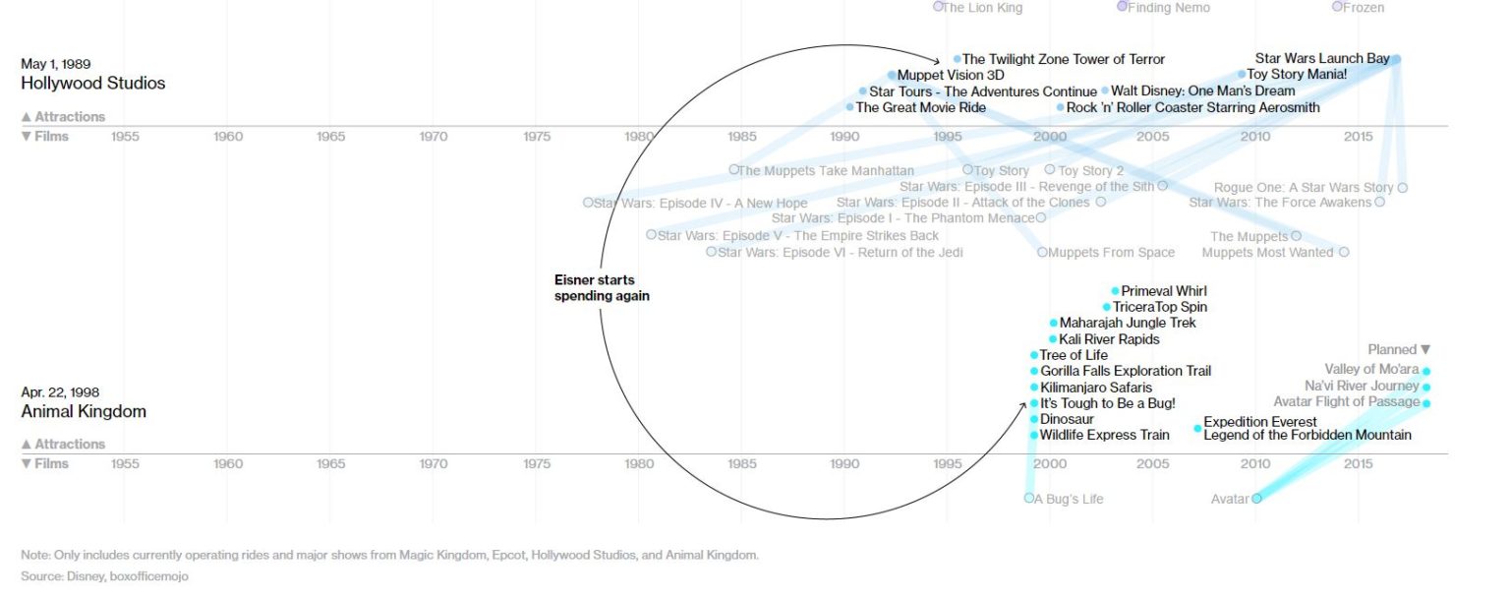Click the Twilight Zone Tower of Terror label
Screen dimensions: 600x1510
1063,59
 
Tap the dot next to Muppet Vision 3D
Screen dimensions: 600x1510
892,75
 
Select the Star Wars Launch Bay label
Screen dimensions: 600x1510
1321,58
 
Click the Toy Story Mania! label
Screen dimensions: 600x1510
1296,74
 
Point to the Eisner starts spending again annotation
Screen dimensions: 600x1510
602,288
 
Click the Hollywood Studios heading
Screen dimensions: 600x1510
93,84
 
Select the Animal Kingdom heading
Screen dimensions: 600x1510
84,411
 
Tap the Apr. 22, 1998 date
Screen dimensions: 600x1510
60,392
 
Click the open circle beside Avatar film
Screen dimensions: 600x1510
1256,499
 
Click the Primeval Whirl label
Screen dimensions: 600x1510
1164,291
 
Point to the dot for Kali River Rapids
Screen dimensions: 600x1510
1053,339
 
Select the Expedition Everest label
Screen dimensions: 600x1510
1260,422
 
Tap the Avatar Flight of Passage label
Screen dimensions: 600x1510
1346,401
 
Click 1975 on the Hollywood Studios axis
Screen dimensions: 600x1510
537,137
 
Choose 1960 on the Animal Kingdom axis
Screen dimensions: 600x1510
228,464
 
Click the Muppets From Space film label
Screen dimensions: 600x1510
1111,253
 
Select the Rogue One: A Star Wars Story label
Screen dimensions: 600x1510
1304,188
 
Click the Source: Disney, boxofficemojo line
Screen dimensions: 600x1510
104,576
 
